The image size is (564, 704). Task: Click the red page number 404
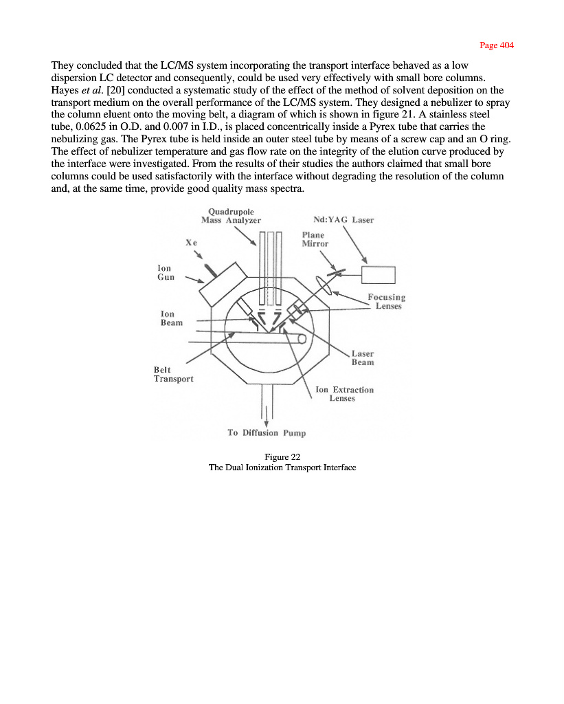pos(497,45)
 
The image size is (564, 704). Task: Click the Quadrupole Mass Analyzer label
pos(231,216)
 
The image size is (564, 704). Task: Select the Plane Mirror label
pos(315,239)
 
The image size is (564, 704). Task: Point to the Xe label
pos(192,243)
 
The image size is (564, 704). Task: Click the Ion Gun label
pos(166,272)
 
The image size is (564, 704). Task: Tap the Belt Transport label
pos(173,374)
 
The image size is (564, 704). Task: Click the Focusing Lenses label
pos(387,301)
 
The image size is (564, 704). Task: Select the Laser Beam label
pos(363,357)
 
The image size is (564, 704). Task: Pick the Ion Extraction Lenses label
pos(344,393)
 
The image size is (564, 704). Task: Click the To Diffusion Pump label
pos(267,432)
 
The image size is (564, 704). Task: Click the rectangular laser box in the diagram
pos(379,274)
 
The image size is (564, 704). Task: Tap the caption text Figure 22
pos(282,456)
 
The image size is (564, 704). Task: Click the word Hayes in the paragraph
pos(66,89)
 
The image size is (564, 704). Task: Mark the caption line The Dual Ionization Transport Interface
pos(282,467)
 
